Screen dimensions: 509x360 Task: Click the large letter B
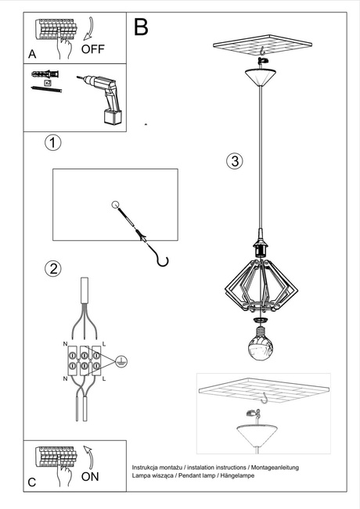coord(141,27)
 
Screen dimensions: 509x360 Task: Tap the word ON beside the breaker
coord(90,475)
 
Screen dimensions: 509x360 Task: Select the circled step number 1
coord(52,143)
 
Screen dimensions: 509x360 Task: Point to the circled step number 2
coord(52,269)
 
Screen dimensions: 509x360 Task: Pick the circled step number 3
coord(234,162)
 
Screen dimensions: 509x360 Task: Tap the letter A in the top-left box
coord(32,54)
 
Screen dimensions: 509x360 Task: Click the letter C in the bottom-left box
coord(32,482)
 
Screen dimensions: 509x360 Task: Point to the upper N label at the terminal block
coord(64,344)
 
